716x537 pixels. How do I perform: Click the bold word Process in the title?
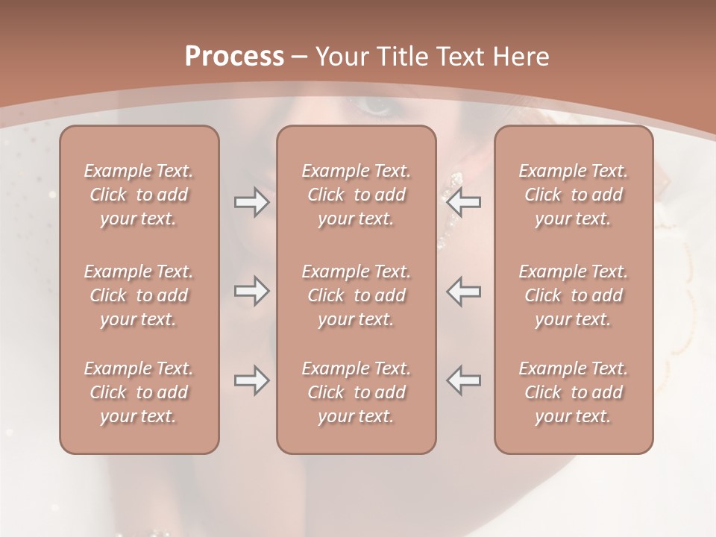(234, 57)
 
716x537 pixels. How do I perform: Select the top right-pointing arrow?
(251, 202)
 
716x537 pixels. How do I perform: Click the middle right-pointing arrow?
(251, 291)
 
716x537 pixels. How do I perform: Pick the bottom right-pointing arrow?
(251, 380)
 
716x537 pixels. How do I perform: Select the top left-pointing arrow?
(464, 202)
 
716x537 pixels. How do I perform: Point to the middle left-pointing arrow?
(464, 291)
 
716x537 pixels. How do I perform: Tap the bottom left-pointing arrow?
(464, 380)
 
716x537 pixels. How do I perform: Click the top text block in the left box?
(139, 195)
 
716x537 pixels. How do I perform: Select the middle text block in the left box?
(139, 295)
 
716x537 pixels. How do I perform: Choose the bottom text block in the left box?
(139, 392)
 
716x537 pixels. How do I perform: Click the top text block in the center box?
(356, 195)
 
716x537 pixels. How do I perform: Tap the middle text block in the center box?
(356, 295)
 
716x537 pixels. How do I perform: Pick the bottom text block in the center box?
(356, 392)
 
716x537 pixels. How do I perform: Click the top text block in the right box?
(573, 195)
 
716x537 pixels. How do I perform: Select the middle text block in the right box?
(573, 295)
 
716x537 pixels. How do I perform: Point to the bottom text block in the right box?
(573, 392)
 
